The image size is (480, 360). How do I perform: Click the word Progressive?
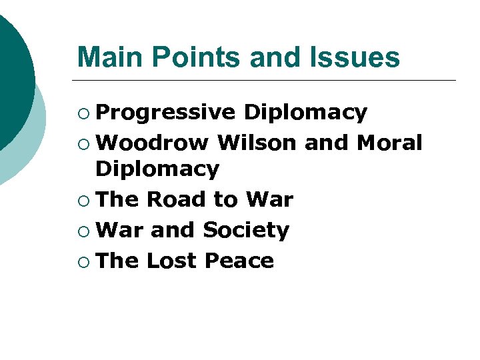point(165,113)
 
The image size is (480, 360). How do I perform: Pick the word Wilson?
point(257,143)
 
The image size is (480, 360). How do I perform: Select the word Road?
point(177,199)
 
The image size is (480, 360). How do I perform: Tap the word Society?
point(246,230)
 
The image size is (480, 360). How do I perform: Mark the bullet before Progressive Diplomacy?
point(83,113)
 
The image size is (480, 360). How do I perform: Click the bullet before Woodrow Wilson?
point(83,143)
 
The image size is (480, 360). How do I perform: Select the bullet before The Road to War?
point(83,200)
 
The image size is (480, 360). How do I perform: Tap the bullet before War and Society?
point(83,231)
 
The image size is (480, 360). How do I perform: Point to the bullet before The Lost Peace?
point(83,261)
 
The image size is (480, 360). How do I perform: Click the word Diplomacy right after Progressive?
point(305,113)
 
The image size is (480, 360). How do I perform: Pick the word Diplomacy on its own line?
point(157,169)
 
